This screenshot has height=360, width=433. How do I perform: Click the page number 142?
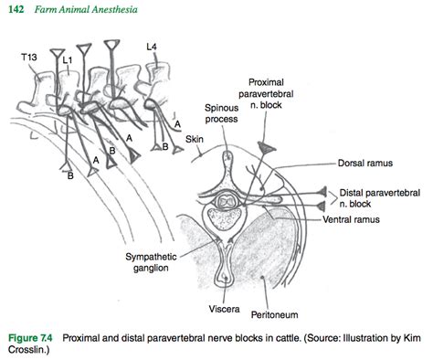(16, 9)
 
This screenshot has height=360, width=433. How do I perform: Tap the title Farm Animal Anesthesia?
(86, 9)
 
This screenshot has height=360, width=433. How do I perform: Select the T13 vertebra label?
(29, 57)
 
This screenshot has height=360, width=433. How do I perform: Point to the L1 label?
(68, 60)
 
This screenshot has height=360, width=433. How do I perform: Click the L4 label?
(152, 47)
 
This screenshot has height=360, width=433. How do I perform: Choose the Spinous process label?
(221, 113)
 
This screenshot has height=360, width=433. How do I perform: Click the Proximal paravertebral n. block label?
(266, 93)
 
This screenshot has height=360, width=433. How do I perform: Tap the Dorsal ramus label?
(365, 164)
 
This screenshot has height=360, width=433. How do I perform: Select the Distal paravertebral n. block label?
(380, 198)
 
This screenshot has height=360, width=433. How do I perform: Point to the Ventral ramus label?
(351, 219)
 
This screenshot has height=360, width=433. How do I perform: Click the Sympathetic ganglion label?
(151, 262)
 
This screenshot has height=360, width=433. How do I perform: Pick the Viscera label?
(224, 309)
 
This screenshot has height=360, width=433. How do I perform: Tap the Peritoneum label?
(274, 314)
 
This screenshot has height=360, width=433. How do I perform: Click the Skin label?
(195, 139)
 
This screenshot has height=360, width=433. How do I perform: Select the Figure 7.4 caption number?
(30, 338)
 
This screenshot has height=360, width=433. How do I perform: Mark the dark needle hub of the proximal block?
(266, 147)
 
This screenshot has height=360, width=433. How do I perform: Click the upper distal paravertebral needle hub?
(322, 192)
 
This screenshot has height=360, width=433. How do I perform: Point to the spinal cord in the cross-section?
(227, 201)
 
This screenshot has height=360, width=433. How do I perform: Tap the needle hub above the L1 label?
(58, 53)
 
